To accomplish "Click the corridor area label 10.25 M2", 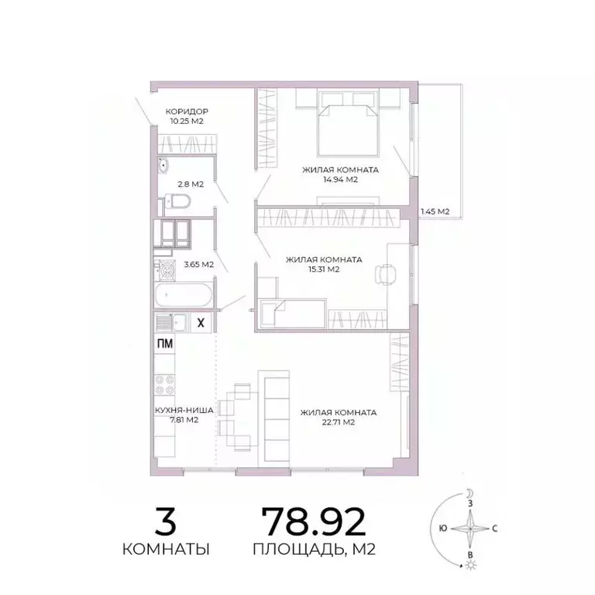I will coord(187,122).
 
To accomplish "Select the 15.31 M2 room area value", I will coord(323,270).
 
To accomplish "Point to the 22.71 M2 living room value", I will coord(339,422).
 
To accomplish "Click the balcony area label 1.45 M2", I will coord(435,211).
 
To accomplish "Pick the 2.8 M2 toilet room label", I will coord(190,184).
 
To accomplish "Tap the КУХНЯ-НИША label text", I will coord(174,411).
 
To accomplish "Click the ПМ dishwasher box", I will coord(165,345).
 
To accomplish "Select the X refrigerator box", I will coord(201,323).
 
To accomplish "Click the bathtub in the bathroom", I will coord(184,297).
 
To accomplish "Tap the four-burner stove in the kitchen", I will coord(165,386).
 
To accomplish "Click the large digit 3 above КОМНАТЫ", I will coord(166,521).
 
